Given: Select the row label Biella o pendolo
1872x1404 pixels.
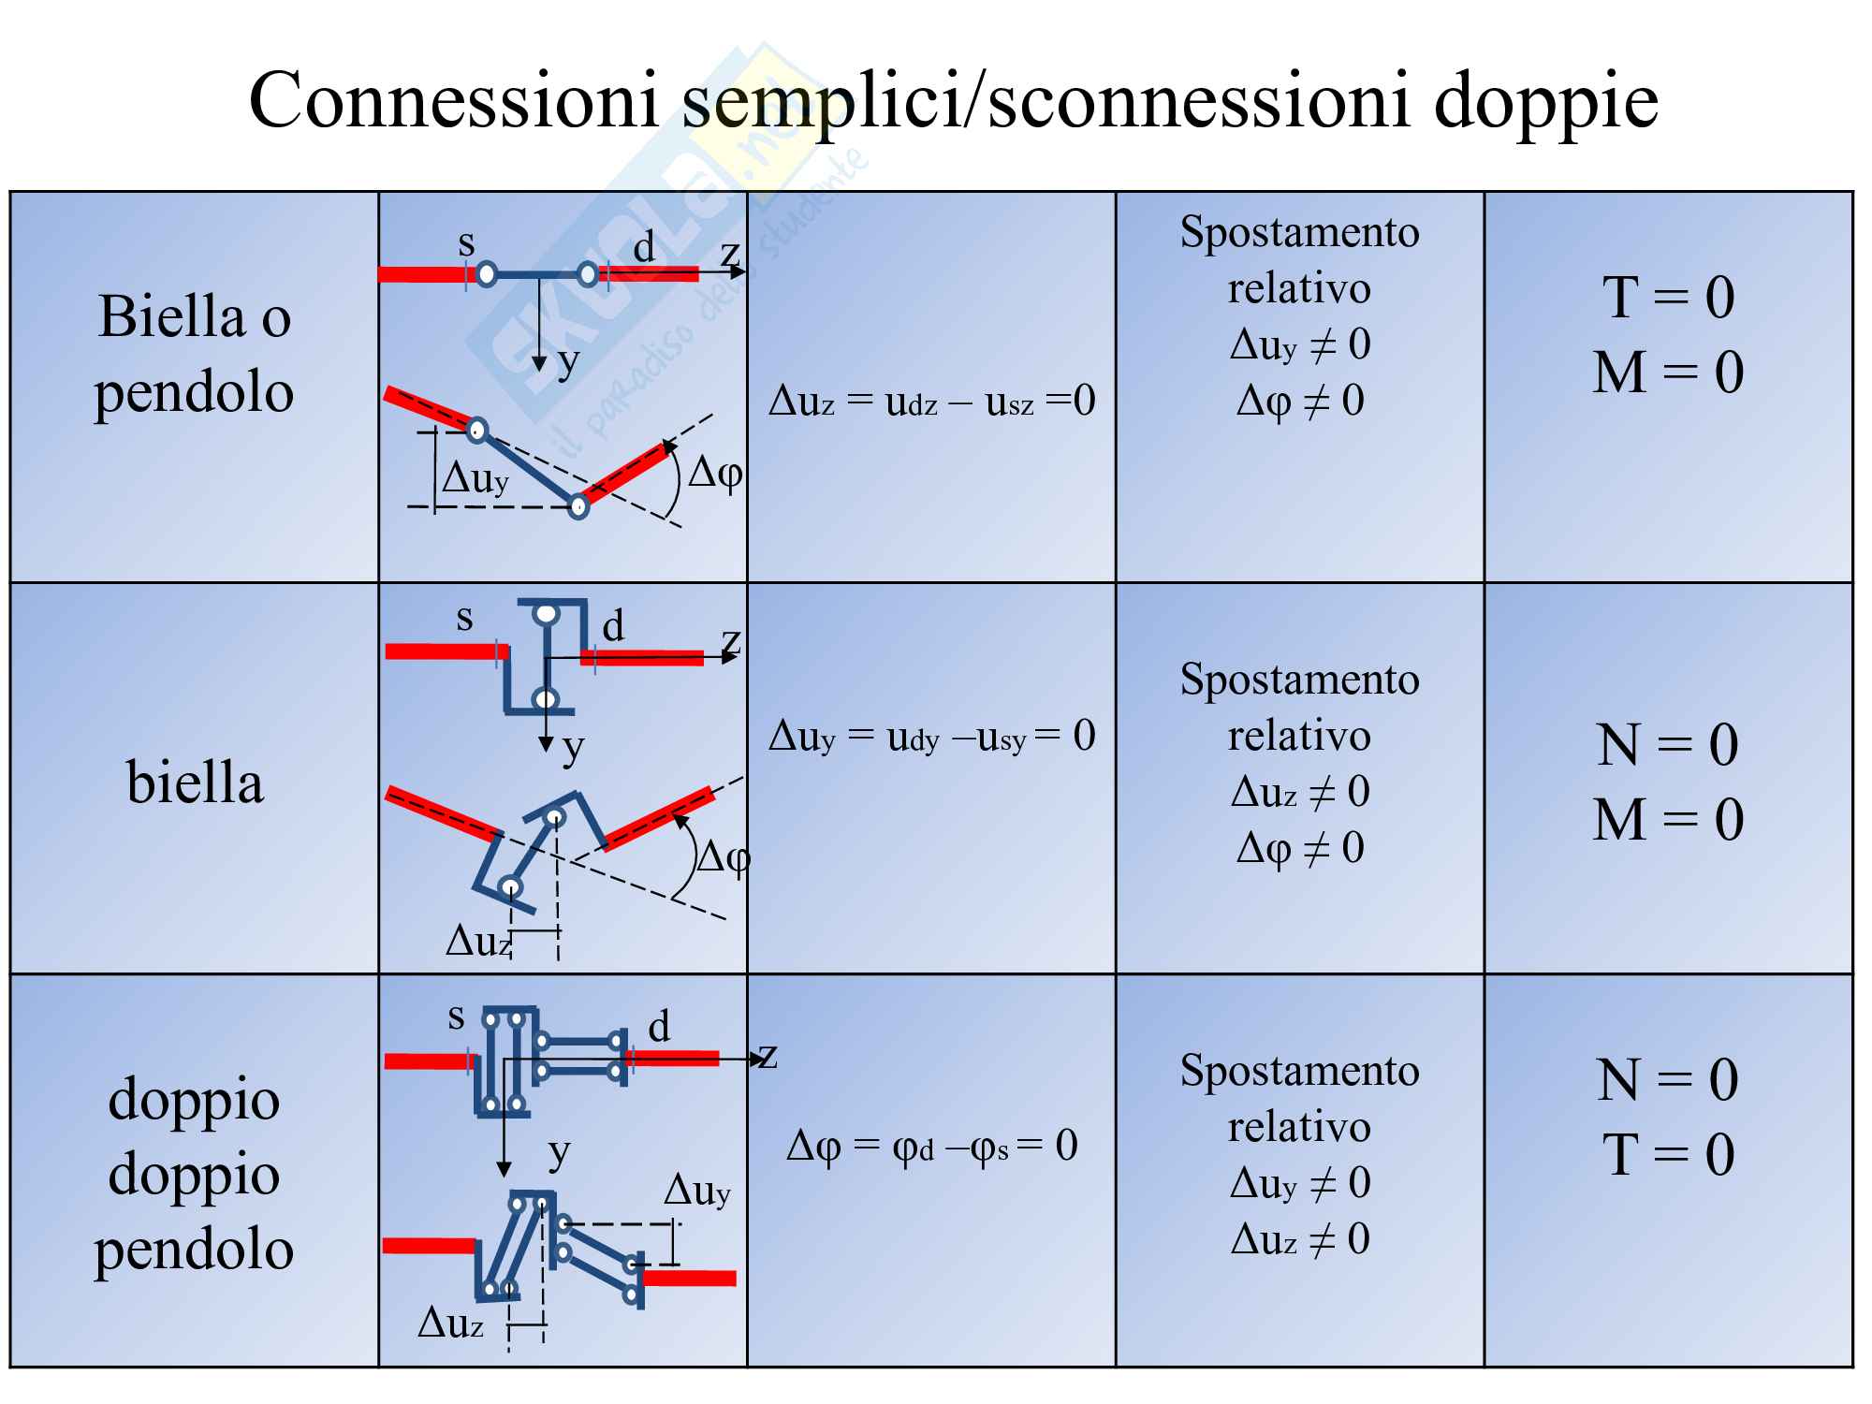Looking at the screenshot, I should [x=194, y=354].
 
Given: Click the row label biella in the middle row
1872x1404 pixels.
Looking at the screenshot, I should [x=195, y=782].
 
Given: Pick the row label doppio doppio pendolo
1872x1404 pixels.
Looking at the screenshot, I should [x=194, y=1174].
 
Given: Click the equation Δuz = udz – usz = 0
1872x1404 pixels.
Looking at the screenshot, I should [x=931, y=402].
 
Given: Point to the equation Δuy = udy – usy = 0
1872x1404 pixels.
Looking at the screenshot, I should [x=931, y=737].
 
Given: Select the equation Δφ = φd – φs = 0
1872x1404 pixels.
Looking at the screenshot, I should [x=931, y=1146].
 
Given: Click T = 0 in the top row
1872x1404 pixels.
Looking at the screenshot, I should [x=1669, y=298].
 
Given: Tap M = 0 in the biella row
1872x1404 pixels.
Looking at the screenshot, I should [x=1669, y=820].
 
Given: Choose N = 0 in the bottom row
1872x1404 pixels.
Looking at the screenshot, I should [x=1667, y=1080].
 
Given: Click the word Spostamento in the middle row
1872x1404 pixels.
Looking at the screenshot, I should [x=1299, y=680].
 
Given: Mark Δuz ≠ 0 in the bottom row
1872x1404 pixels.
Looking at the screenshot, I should [x=1299, y=1239].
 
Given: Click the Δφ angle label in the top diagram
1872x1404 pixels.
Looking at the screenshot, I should [x=715, y=474].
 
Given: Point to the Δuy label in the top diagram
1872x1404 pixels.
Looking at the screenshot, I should [x=475, y=478].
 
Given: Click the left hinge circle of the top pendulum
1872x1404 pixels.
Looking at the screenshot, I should [x=487, y=274].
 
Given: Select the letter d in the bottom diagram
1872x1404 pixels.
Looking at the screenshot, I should [x=659, y=1027].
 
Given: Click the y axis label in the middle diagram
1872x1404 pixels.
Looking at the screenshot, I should [x=573, y=748].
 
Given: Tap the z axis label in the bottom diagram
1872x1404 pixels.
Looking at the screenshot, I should [x=768, y=1055].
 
